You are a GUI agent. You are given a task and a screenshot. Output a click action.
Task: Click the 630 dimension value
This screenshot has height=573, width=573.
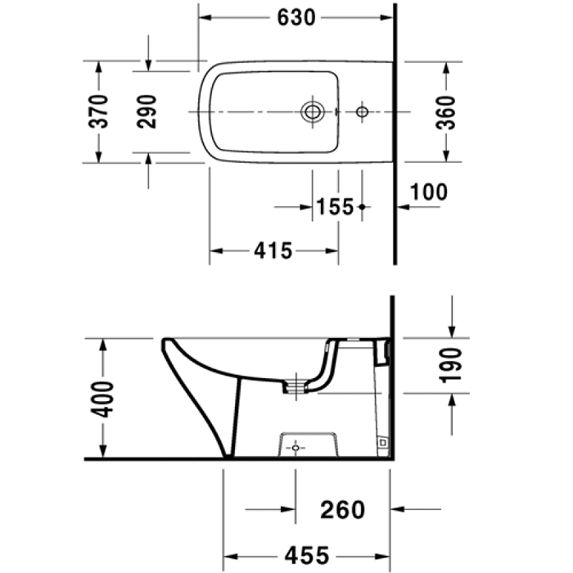(296, 16)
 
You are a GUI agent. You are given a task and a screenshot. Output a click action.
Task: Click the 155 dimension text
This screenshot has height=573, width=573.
(336, 207)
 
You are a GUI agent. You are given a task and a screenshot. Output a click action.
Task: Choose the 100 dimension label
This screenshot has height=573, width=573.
(429, 192)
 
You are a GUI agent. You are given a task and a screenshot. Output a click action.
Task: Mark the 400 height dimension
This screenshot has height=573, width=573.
(102, 398)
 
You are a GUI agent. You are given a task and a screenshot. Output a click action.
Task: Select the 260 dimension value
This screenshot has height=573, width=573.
(342, 509)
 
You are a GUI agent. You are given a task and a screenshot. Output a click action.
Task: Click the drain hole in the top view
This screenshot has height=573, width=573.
(312, 111)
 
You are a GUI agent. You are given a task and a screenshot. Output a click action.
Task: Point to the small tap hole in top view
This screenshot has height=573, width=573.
(363, 111)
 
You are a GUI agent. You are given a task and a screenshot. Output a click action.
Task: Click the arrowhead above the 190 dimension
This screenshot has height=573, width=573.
(451, 329)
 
